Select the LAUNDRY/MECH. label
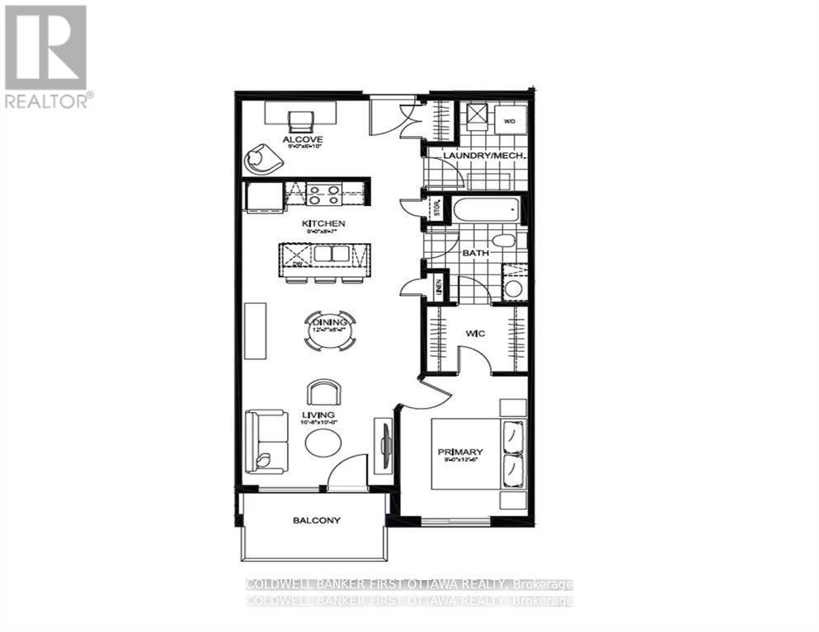[x=473, y=156]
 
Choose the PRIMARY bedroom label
[x=460, y=452]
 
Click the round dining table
[x=330, y=330]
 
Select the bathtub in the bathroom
[x=483, y=209]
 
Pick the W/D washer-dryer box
[x=510, y=120]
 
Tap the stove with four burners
[x=324, y=194]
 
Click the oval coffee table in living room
[x=322, y=443]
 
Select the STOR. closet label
[x=436, y=208]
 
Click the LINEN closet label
[x=439, y=288]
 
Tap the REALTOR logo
[x=47, y=56]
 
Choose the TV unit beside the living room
[x=384, y=446]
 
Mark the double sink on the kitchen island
[x=330, y=255]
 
